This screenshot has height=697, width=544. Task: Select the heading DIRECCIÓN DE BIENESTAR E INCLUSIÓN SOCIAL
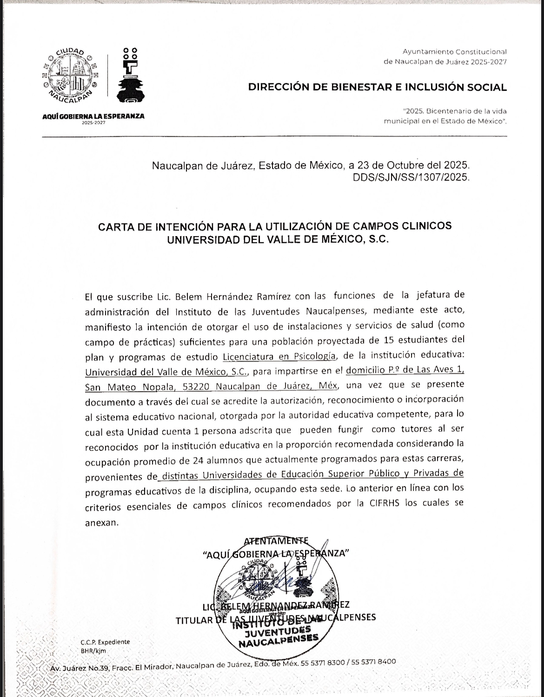[377, 87]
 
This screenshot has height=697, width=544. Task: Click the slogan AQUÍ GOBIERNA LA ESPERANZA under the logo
[93, 116]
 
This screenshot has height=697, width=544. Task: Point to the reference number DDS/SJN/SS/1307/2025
[411, 177]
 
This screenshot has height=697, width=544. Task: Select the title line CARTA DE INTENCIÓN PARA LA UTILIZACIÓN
[275, 226]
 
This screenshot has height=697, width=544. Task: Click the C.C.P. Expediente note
[105, 642]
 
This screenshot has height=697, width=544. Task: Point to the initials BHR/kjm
[93, 651]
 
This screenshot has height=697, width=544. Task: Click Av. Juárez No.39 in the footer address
[79, 669]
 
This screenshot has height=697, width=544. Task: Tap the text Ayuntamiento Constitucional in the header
[454, 52]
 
